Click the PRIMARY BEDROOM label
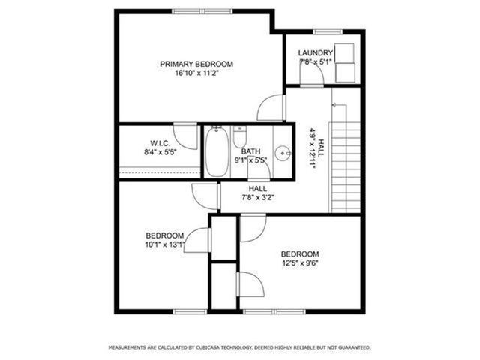(196, 64)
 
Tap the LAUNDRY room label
(315, 52)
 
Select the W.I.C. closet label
(160, 142)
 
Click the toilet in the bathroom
(240, 137)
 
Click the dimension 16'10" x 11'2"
(196, 73)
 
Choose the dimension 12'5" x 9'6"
(300, 263)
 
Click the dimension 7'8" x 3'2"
(258, 198)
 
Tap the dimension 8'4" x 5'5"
(160, 152)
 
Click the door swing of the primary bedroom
(270, 109)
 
